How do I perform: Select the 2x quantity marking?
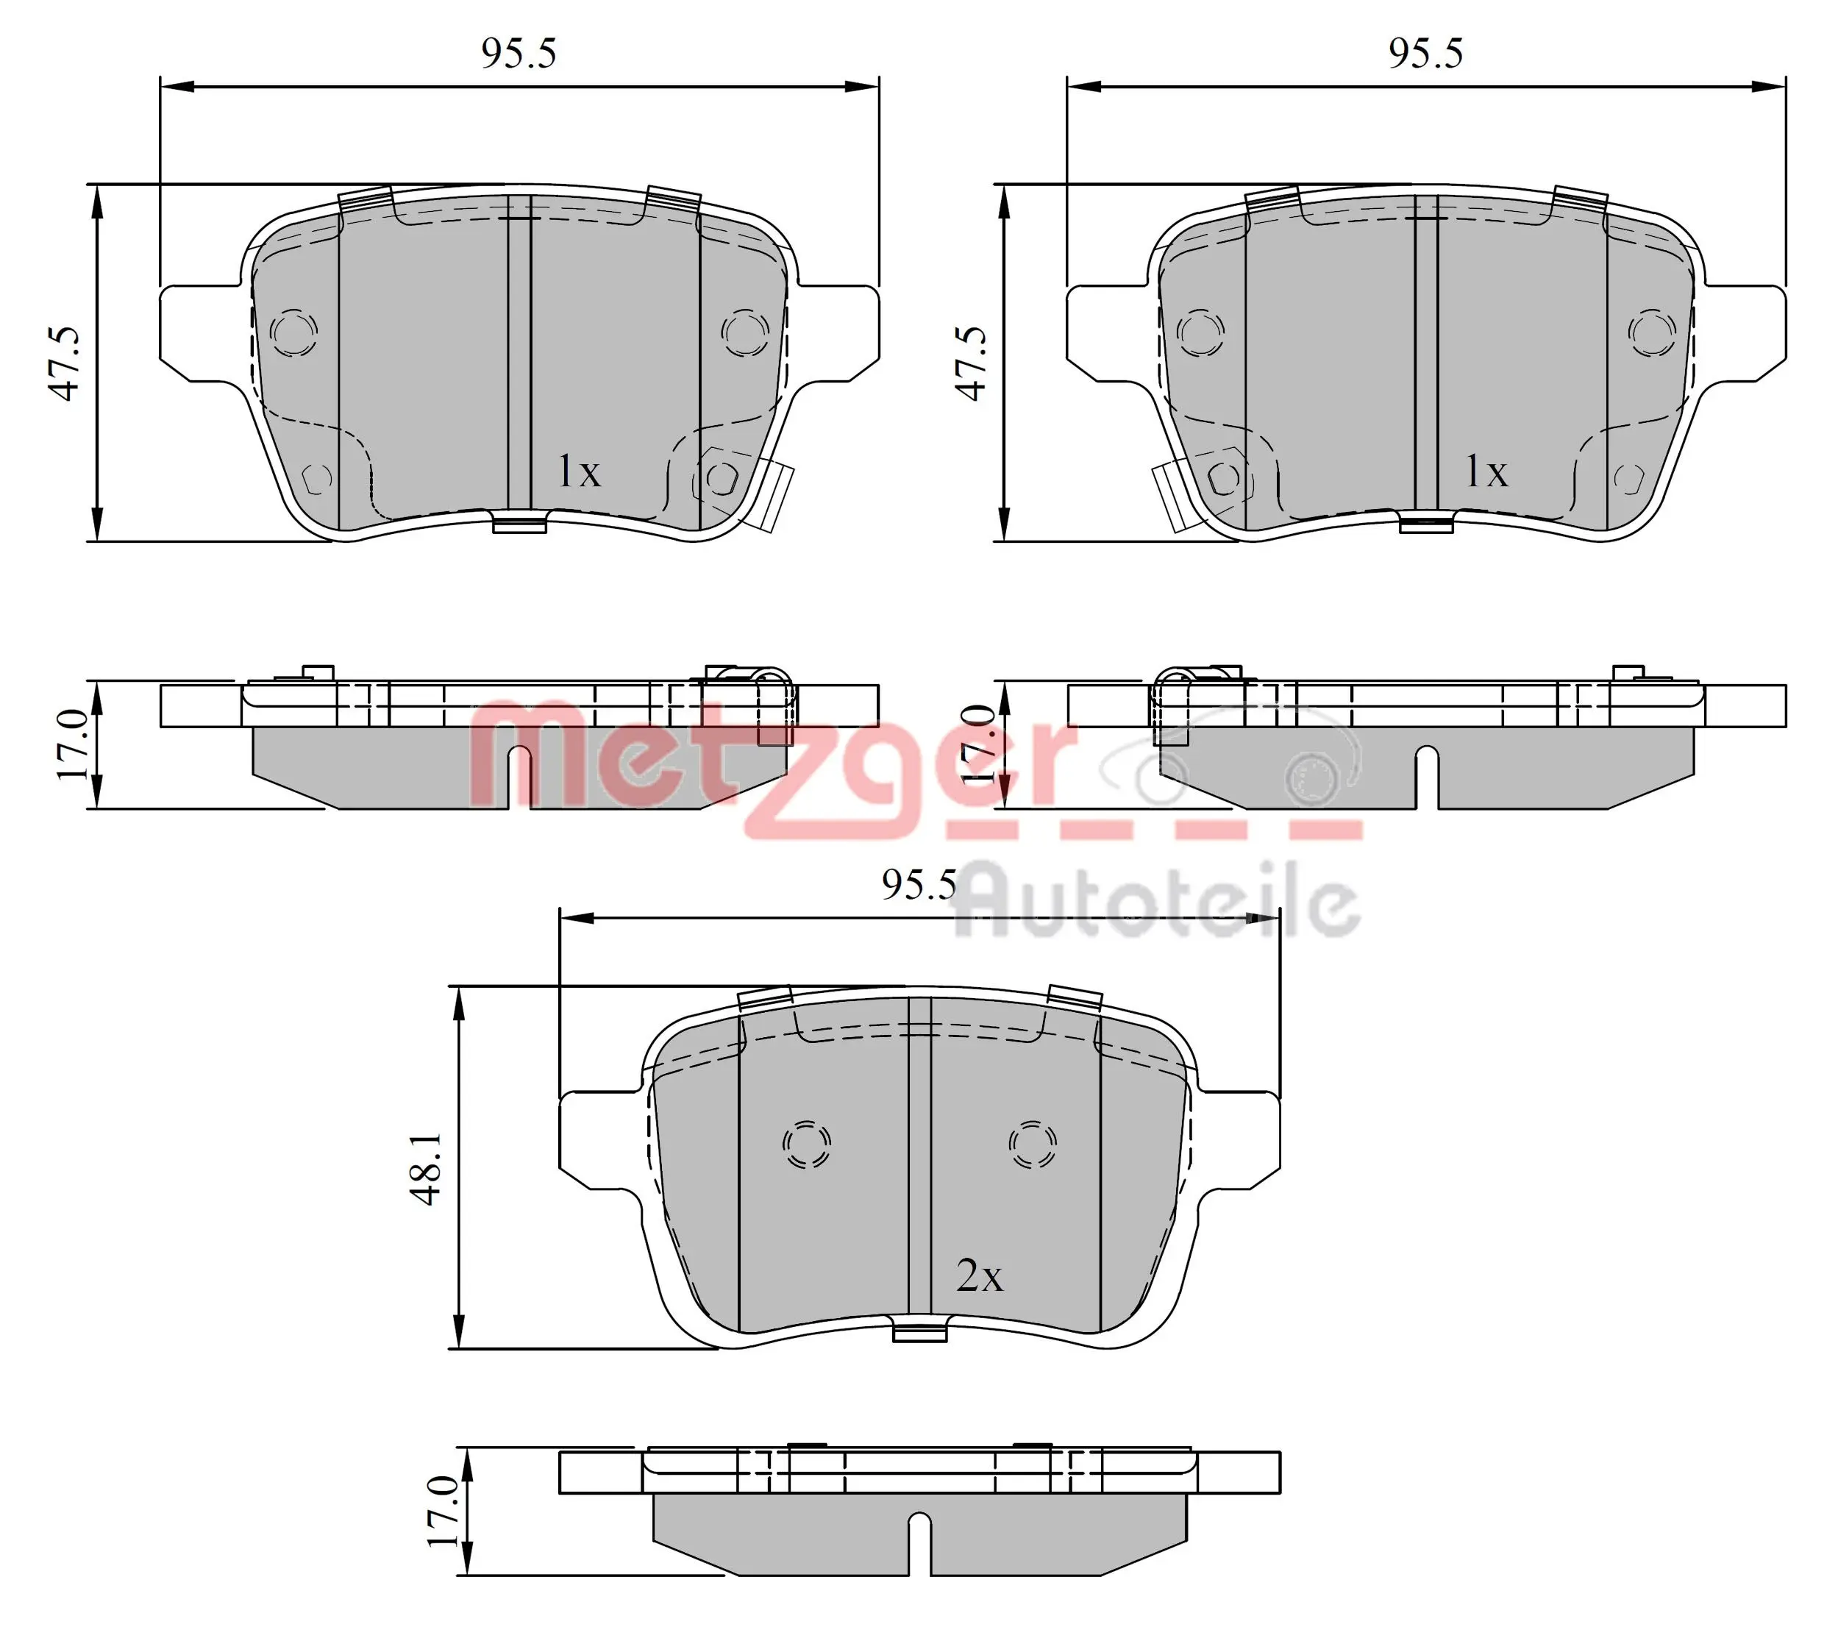tap(979, 1276)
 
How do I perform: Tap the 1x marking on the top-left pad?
tap(579, 471)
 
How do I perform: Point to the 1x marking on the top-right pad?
tap(1486, 471)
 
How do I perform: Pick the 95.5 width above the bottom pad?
tap(919, 885)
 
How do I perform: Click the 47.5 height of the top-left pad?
tap(64, 363)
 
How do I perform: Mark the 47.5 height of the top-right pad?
tap(972, 363)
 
